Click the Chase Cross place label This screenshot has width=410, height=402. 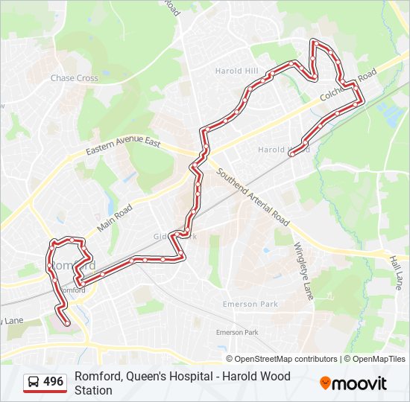point(74,78)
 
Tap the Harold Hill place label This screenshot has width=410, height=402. point(236,71)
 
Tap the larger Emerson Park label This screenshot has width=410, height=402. point(250,304)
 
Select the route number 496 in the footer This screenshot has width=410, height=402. point(54,382)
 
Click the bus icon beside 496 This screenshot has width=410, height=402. point(34,382)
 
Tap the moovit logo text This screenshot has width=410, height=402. point(361,383)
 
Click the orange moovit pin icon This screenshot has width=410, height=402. point(326,383)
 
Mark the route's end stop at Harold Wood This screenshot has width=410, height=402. point(291,153)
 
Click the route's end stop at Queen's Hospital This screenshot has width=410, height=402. point(67,323)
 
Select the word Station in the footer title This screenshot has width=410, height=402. point(93,390)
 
